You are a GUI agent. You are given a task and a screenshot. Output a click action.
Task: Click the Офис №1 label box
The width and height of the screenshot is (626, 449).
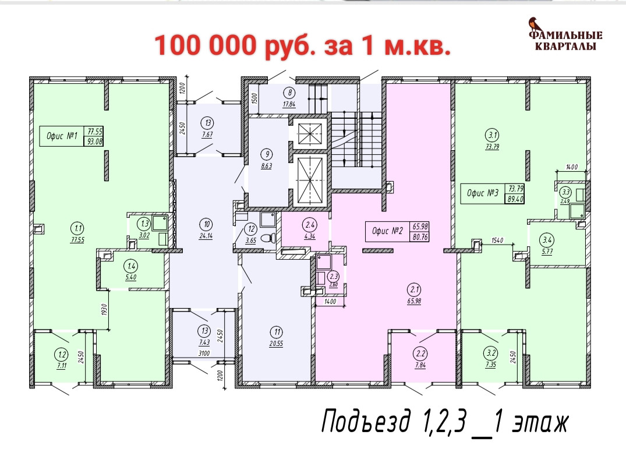point(72,136)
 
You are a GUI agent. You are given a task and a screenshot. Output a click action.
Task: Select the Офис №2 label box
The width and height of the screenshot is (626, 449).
point(398,231)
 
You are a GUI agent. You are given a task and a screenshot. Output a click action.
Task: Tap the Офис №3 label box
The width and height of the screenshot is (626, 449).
point(493,193)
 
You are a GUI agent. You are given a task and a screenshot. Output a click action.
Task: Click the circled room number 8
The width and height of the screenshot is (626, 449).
point(289,93)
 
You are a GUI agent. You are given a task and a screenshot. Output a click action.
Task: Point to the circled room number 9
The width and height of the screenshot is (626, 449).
point(266,154)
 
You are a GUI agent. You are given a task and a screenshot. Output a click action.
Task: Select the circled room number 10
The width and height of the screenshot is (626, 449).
point(206,225)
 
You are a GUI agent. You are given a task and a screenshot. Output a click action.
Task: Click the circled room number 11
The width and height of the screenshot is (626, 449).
point(277,332)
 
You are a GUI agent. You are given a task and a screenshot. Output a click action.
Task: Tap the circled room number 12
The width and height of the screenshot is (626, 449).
point(251,229)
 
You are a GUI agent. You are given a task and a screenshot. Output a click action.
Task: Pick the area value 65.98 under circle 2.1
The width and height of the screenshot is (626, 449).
point(414,301)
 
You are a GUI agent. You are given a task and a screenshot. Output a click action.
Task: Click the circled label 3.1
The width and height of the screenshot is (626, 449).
point(493,135)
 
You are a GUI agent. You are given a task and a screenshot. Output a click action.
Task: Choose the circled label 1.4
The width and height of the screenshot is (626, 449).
point(131,266)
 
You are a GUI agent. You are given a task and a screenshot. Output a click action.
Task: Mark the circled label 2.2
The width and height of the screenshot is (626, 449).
point(421,353)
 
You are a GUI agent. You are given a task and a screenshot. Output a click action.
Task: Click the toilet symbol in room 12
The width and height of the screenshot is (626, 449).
point(267,238)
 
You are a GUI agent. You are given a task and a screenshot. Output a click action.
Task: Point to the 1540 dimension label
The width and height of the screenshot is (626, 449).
point(497,241)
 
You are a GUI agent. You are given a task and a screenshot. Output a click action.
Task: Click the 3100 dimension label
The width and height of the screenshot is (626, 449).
point(204,353)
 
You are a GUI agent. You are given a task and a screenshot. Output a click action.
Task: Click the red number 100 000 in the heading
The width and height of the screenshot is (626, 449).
point(205,45)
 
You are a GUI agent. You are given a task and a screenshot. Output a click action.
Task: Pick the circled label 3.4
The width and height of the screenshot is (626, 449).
point(547,241)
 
